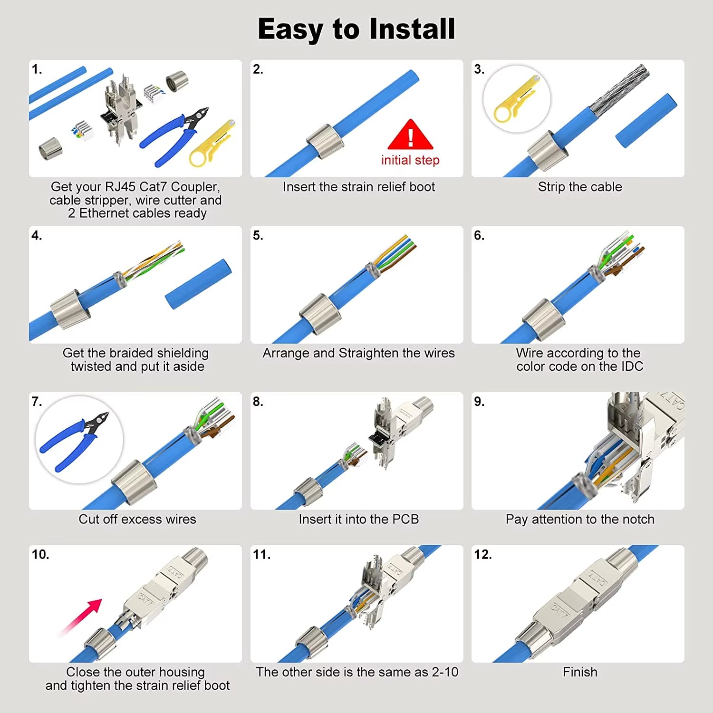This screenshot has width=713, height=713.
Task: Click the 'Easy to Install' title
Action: (356, 29)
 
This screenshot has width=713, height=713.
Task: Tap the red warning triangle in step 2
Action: (410, 136)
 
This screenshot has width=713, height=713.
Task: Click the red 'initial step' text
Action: (410, 160)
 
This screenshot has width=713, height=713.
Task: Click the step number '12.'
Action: (483, 554)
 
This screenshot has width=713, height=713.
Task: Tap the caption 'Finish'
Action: (580, 672)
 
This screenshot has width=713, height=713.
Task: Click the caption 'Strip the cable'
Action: (580, 187)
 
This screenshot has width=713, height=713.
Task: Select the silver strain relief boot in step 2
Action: (326, 142)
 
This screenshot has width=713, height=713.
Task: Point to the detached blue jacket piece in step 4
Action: (199, 284)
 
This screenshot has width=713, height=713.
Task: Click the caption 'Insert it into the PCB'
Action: (358, 519)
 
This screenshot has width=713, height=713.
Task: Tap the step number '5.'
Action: (258, 235)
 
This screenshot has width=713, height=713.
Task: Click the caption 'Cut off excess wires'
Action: (137, 519)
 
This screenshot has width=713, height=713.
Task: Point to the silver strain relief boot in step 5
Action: (320, 312)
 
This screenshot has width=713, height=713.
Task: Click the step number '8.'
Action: (258, 402)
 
